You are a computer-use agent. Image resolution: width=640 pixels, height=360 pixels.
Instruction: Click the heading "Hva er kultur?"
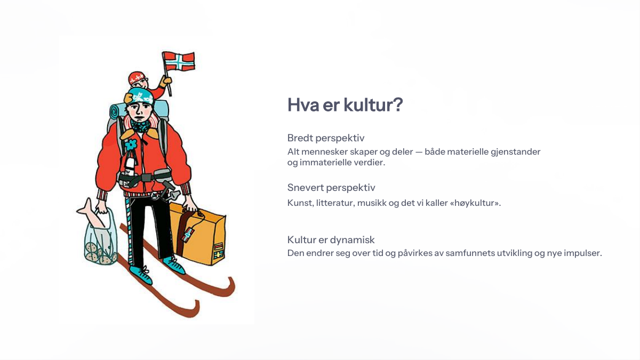coord(345,105)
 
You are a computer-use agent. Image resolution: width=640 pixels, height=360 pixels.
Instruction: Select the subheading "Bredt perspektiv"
coord(326,138)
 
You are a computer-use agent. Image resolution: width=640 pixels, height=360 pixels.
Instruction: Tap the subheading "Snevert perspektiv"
coord(331,188)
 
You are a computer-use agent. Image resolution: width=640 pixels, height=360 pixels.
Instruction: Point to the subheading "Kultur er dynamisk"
coord(331,239)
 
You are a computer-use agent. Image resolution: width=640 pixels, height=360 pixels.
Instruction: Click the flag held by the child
coord(179,61)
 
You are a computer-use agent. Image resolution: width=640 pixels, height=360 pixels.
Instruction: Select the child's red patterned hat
coord(137,78)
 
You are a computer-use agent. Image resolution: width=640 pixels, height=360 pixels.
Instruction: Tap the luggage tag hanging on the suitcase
coord(187,235)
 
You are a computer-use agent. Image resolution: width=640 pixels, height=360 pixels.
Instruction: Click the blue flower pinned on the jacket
coord(131,145)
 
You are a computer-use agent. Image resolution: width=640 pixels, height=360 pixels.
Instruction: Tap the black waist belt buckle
coord(146,178)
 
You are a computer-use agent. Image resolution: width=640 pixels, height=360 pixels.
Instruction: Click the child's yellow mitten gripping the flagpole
coord(166,82)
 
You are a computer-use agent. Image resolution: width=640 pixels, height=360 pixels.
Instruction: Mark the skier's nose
coord(139,111)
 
